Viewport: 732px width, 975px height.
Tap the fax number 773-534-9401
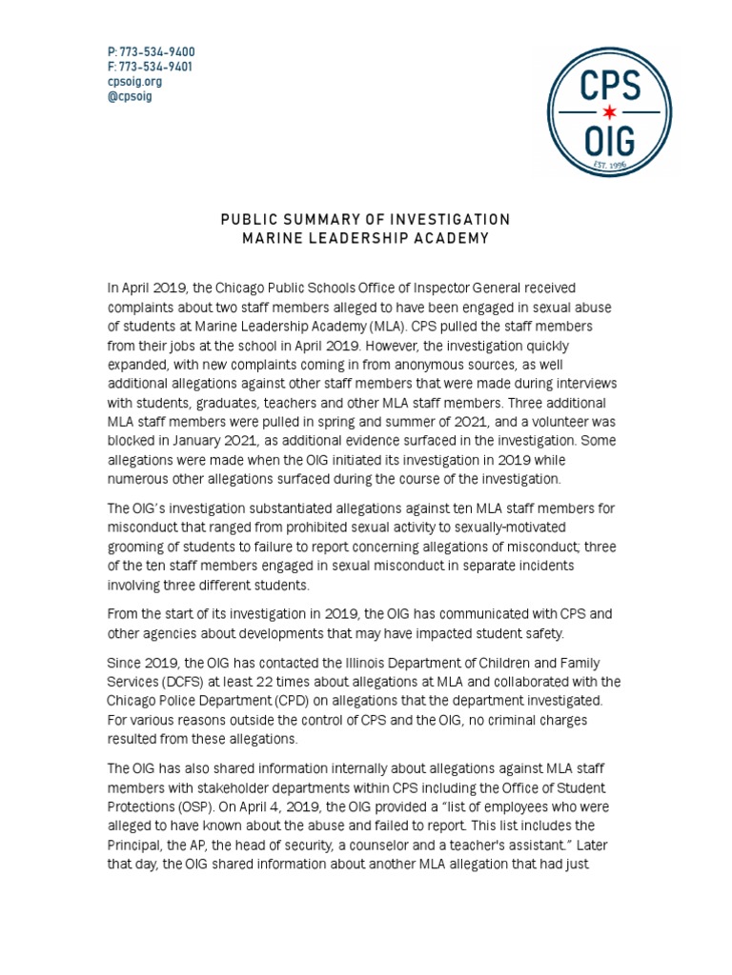[x=155, y=67]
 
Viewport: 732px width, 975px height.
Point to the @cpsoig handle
[x=131, y=96]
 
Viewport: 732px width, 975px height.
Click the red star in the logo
[x=612, y=111]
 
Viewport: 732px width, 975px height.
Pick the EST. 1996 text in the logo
[x=612, y=164]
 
